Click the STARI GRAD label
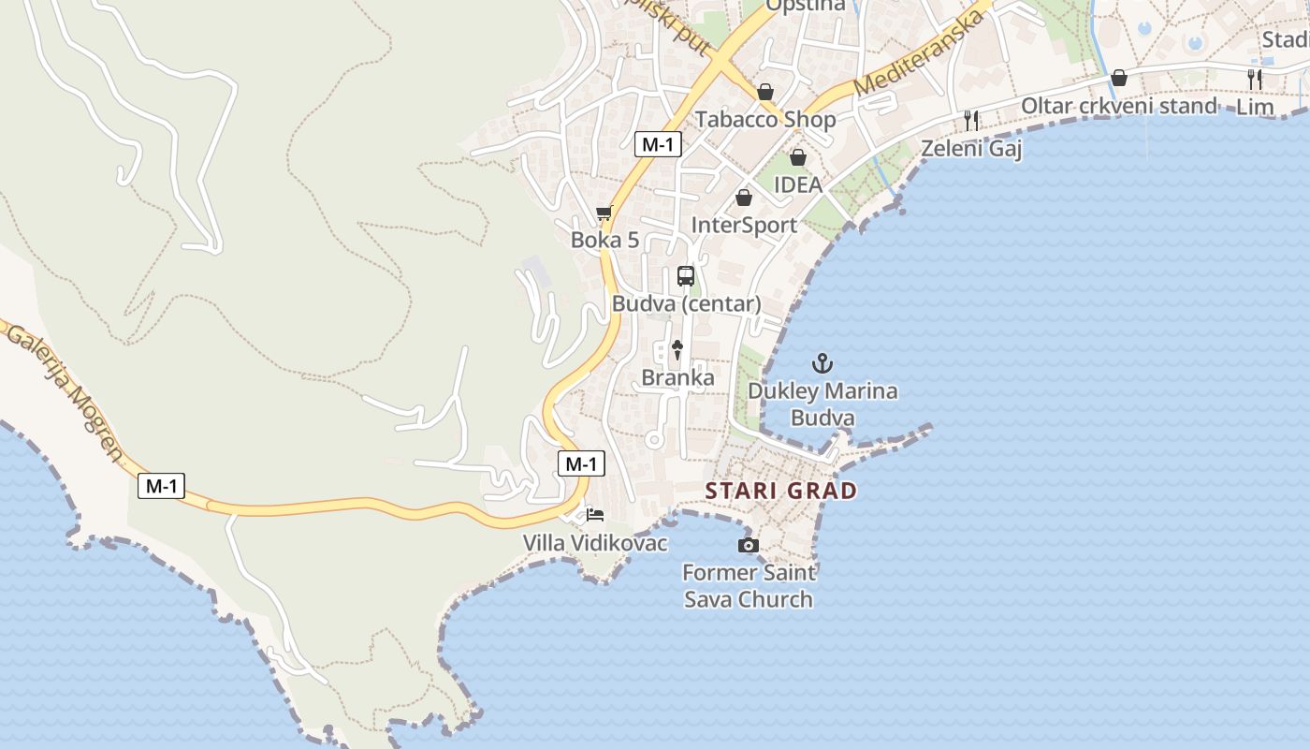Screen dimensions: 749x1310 click(x=780, y=491)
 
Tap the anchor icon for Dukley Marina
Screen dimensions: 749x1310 click(x=822, y=362)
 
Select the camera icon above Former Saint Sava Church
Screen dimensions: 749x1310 click(x=748, y=545)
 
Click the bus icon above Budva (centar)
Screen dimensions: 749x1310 click(x=686, y=276)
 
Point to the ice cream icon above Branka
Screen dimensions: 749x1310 click(x=677, y=350)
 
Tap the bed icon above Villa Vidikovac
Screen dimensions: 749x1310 click(x=595, y=514)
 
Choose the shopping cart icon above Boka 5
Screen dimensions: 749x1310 click(x=604, y=213)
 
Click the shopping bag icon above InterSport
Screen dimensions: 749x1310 click(x=744, y=198)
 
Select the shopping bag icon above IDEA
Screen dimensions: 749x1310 click(x=798, y=157)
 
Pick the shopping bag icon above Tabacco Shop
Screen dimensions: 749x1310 click(x=765, y=92)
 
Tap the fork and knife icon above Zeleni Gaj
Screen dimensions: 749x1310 click(x=971, y=120)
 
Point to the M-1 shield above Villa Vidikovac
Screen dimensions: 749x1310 click(x=581, y=463)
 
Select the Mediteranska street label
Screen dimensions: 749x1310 click(x=920, y=53)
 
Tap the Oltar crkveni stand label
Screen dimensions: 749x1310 click(x=1118, y=106)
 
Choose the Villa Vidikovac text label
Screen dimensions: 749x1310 click(x=595, y=543)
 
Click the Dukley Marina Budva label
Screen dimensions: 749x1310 click(x=822, y=404)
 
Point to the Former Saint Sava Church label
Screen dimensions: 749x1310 click(x=749, y=586)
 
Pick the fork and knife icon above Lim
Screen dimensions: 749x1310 click(x=1255, y=80)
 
